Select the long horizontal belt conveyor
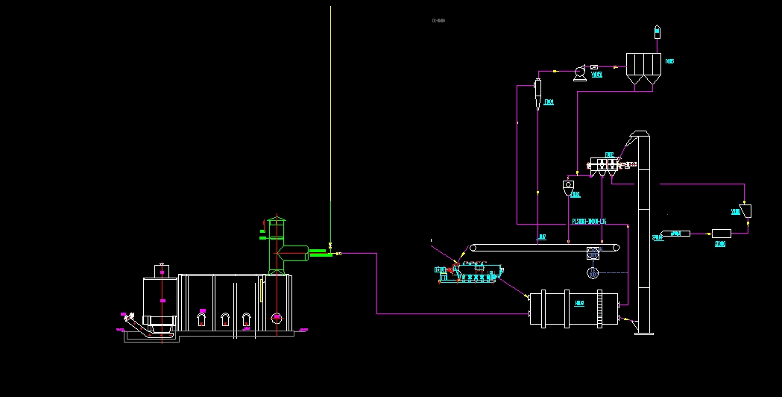(x=544, y=248)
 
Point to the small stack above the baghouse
(x=657, y=31)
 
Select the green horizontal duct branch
(x=321, y=252)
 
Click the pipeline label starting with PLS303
(x=589, y=222)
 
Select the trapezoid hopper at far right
(x=745, y=210)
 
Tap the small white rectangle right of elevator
(x=721, y=234)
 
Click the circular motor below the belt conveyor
(x=593, y=273)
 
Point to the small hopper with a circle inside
(x=569, y=184)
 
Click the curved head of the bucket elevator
(x=638, y=137)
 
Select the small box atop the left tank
(x=161, y=269)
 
